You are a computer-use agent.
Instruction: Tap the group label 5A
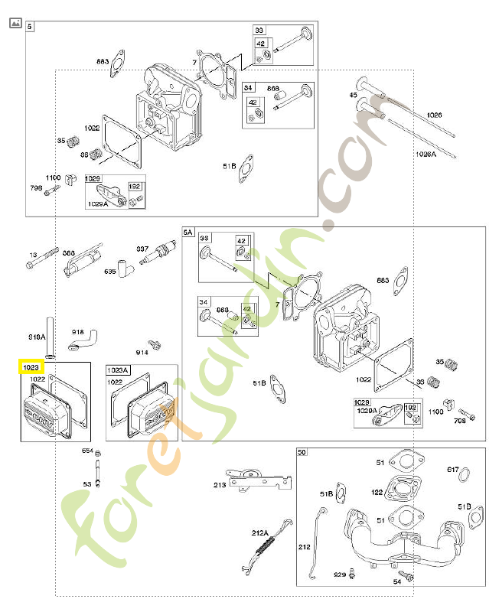pyautogui.click(x=189, y=232)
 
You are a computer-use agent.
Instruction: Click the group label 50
pyautogui.click(x=302, y=453)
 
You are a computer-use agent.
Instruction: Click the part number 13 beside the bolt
pyautogui.click(x=33, y=255)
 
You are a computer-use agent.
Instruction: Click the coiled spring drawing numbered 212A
pyautogui.click(x=265, y=545)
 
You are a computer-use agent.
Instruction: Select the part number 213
pyautogui.click(x=220, y=484)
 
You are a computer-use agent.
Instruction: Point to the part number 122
pyautogui.click(x=377, y=493)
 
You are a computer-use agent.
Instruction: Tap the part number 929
pyautogui.click(x=339, y=573)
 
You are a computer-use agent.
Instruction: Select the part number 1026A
pyautogui.click(x=426, y=154)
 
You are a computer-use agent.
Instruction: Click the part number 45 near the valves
pyautogui.click(x=353, y=95)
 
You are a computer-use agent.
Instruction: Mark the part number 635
pyautogui.click(x=110, y=271)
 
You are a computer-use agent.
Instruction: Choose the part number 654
pyautogui.click(x=87, y=451)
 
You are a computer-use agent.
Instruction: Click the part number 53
pyautogui.click(x=87, y=483)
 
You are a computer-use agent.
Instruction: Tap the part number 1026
pyautogui.click(x=435, y=115)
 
